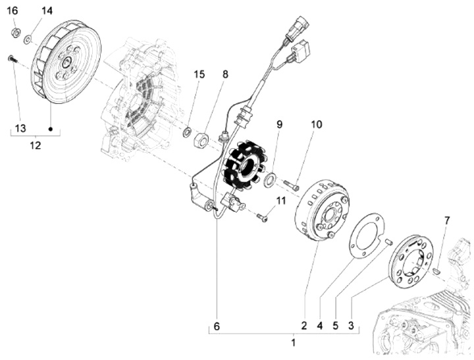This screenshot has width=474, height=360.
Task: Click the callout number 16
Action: tap(13, 11)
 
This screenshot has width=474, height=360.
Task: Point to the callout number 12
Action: tap(35, 145)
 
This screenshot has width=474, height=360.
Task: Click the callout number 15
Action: tap(199, 74)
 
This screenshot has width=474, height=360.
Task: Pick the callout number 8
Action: tap(225, 74)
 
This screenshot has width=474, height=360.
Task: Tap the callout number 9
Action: tap(279, 124)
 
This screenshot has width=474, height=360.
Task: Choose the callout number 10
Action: tap(317, 124)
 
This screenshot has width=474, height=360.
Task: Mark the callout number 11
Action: tap(281, 200)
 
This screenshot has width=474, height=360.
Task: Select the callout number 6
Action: tap(216, 325)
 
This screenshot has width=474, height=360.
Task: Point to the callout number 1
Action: tap(294, 342)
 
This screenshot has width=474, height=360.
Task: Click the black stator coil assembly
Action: tap(240, 165)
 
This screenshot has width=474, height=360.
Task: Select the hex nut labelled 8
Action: tap(203, 140)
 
